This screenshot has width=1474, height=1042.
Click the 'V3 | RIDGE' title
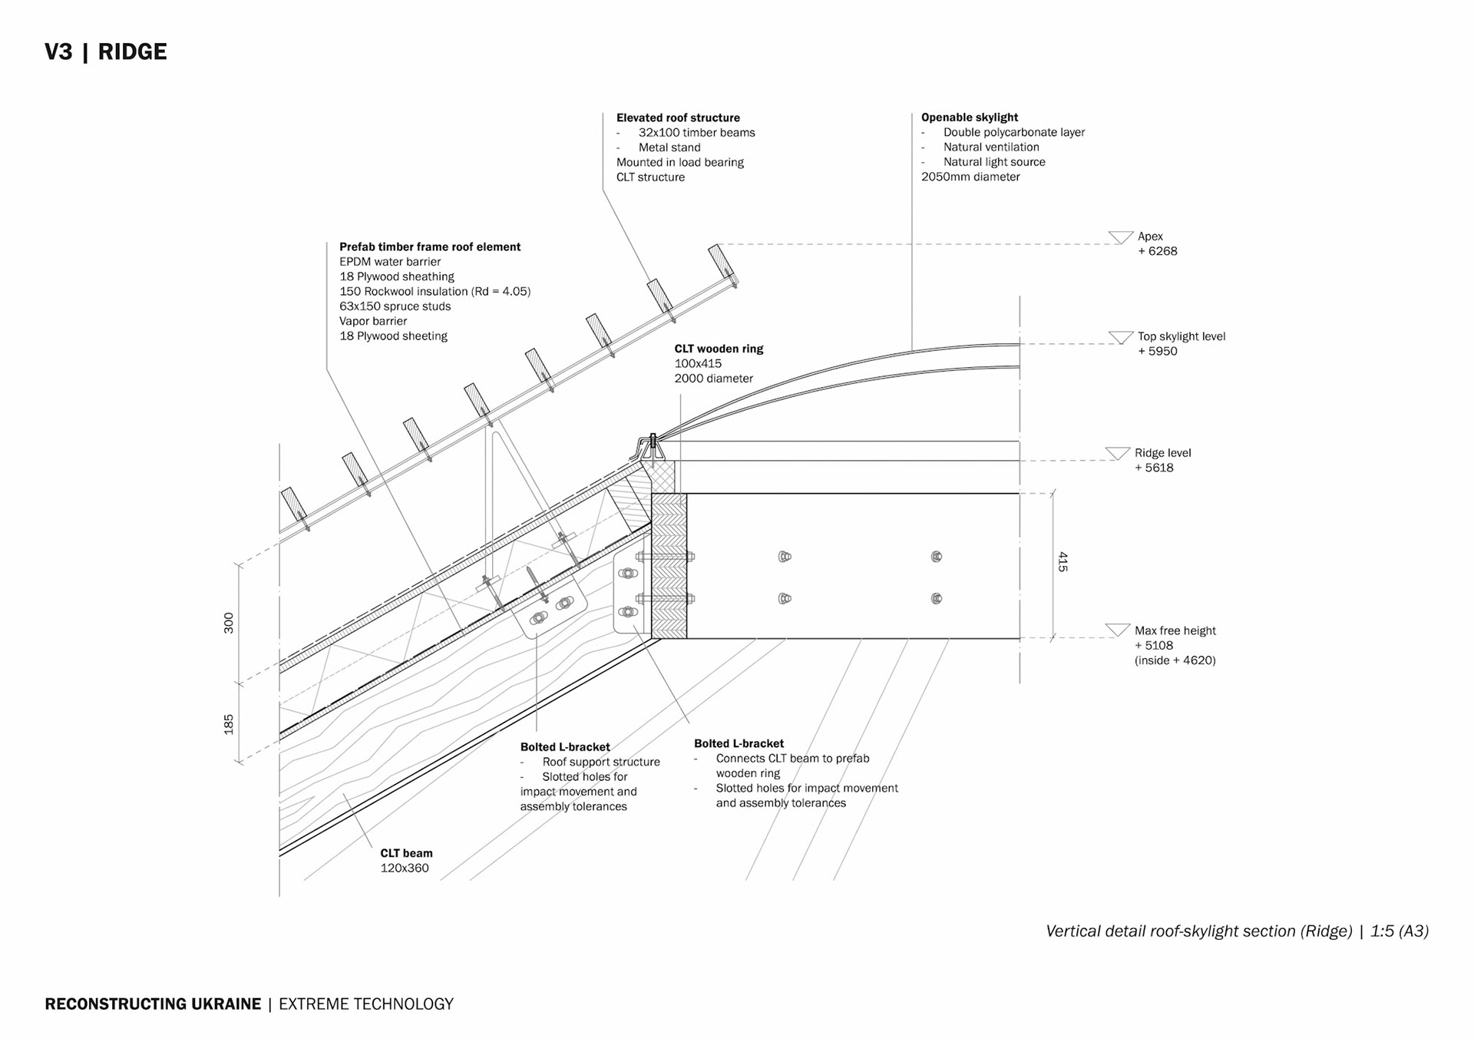click(106, 52)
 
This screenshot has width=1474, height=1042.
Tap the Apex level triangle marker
click(1120, 237)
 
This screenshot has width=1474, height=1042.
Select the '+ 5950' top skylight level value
click(1157, 352)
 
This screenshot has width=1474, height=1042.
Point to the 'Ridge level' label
click(1162, 453)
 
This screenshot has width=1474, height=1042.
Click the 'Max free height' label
click(1175, 631)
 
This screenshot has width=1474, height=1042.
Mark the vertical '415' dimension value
click(1063, 561)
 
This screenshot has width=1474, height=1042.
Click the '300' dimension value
click(229, 623)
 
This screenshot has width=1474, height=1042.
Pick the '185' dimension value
click(229, 724)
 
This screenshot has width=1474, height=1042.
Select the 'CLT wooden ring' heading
click(719, 349)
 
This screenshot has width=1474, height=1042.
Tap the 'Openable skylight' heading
click(969, 117)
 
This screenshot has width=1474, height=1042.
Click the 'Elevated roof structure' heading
click(678, 118)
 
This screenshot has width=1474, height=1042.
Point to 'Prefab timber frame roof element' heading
click(430, 247)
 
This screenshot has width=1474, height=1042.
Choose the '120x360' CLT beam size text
click(405, 868)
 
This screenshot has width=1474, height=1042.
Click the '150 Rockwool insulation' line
click(435, 292)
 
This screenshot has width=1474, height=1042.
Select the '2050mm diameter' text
click(970, 177)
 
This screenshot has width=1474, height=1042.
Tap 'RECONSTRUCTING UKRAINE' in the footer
click(153, 1004)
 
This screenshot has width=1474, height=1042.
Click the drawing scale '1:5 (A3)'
click(1399, 931)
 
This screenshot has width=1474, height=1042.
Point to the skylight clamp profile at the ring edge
click(649, 448)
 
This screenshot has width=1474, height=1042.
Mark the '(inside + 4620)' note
click(1175, 661)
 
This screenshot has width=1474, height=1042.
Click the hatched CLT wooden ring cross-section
click(669, 566)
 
